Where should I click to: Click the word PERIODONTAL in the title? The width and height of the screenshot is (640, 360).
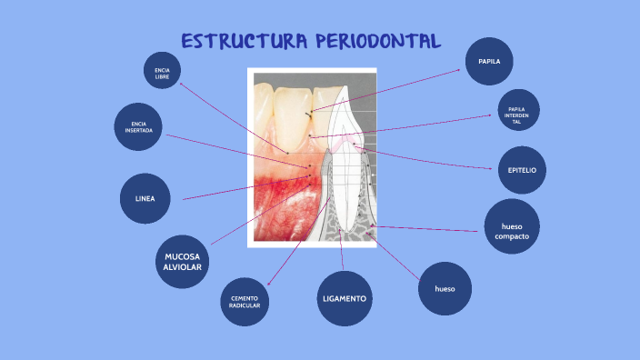(378, 42)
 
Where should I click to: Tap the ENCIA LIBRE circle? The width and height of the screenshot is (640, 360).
(163, 71)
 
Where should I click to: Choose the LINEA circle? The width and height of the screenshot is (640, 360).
(145, 198)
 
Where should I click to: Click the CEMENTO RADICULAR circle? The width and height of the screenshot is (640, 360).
(245, 302)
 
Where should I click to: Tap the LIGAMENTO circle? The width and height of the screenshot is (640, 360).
(345, 298)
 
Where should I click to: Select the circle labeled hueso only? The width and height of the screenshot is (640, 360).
(445, 289)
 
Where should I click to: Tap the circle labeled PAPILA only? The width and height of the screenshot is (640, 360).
(489, 62)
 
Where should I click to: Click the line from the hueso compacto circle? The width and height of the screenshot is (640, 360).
(427, 228)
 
